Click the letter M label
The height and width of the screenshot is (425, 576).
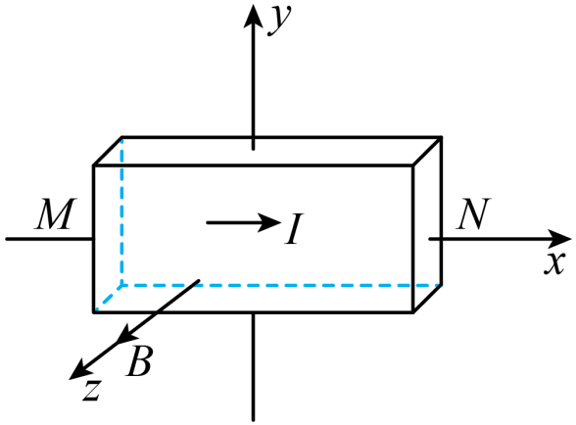click(x=56, y=214)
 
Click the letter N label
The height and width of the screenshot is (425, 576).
click(x=473, y=213)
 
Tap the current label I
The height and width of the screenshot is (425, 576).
click(x=294, y=228)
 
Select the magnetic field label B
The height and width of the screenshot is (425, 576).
click(x=138, y=361)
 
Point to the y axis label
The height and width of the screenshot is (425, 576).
click(x=279, y=20)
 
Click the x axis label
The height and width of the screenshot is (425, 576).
click(x=554, y=263)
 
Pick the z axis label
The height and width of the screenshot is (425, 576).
click(x=91, y=390)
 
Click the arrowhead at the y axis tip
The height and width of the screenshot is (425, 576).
click(x=253, y=15)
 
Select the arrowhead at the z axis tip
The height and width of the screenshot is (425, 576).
click(x=79, y=372)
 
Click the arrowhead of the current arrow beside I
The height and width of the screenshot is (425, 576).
click(x=269, y=222)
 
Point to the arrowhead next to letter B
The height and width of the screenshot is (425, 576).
click(x=126, y=334)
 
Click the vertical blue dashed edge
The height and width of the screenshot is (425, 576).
click(x=121, y=211)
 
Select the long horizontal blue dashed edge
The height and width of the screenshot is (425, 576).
click(x=281, y=285)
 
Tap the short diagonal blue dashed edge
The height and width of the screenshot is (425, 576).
click(x=109, y=298)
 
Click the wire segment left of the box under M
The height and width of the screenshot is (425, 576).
click(x=50, y=239)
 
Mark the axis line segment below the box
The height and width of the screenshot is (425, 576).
click(x=253, y=366)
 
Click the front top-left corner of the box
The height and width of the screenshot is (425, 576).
click(x=94, y=165)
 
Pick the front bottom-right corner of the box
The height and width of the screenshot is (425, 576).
click(x=413, y=312)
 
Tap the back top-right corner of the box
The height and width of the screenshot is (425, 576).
click(x=441, y=137)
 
